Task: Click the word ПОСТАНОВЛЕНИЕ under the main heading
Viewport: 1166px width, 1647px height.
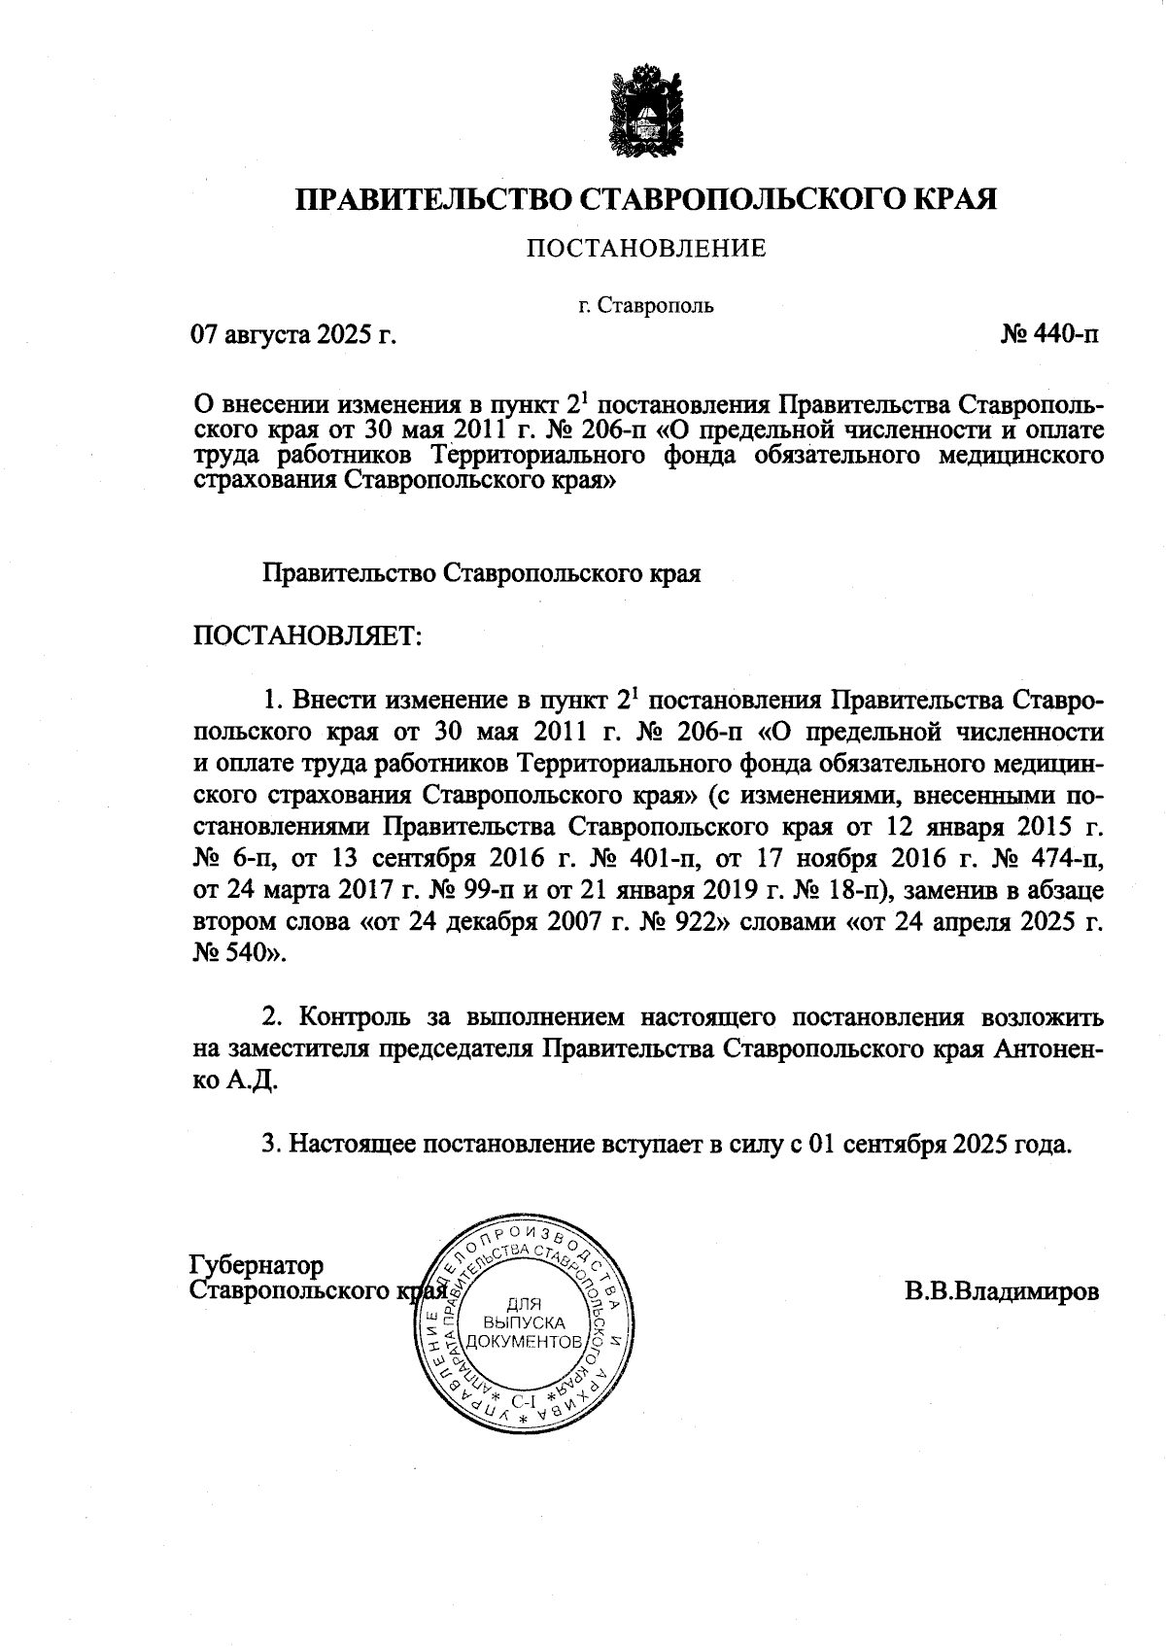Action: click(646, 249)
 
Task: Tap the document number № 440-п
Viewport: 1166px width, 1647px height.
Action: click(1050, 336)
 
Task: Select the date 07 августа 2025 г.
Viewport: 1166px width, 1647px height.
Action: click(293, 336)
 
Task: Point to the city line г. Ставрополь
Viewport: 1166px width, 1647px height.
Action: click(646, 305)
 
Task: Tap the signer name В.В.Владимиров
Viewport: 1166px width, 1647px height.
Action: click(1002, 1292)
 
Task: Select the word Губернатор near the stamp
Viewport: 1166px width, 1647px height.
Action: click(257, 1266)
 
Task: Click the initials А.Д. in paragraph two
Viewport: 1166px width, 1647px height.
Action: click(253, 1081)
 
